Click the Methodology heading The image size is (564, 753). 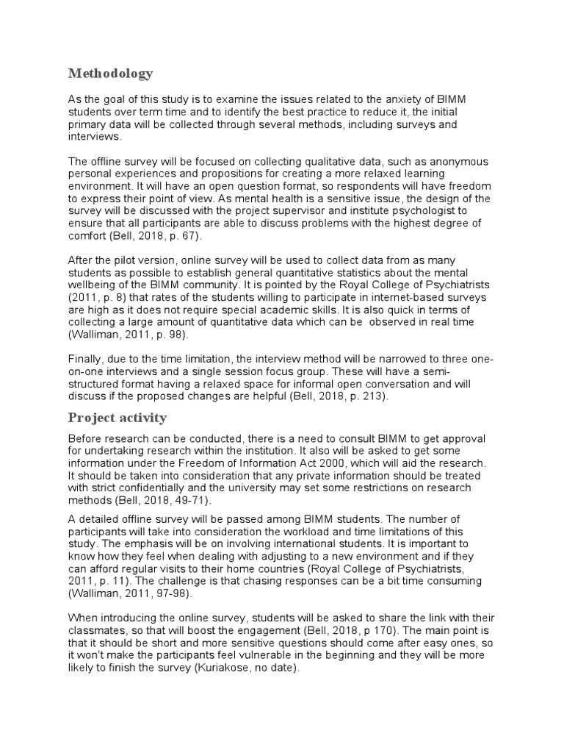110,73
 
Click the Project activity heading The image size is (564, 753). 117,418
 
